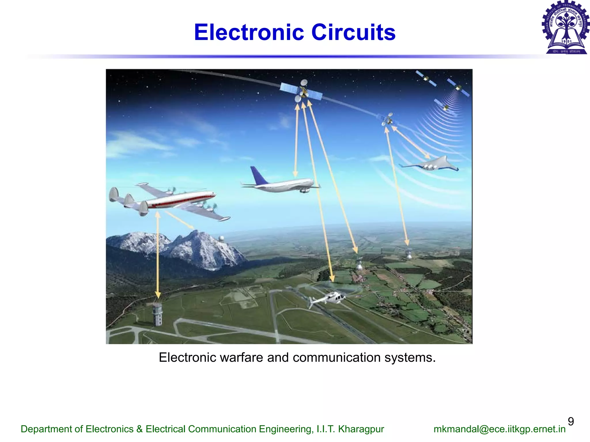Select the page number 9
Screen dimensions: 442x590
coord(571,421)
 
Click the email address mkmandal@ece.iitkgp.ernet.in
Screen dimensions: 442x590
coord(499,429)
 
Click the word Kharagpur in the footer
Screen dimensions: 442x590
coord(361,429)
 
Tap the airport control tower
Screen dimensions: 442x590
coord(157,314)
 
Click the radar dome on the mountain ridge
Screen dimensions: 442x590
coord(221,238)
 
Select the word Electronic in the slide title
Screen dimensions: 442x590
coord(249,32)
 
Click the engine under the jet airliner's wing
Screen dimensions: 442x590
coord(304,190)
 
